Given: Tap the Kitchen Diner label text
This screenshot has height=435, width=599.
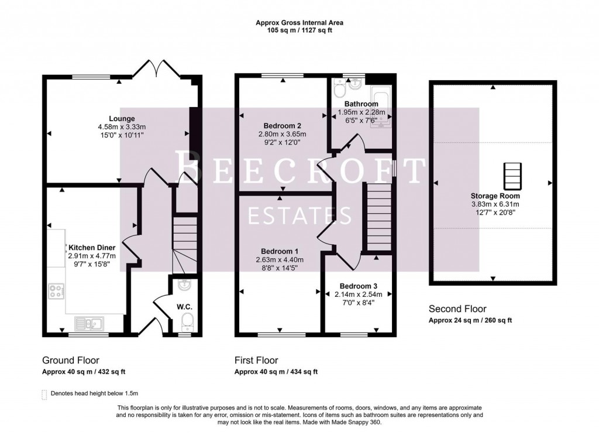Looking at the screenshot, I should pyautogui.click(x=92, y=247).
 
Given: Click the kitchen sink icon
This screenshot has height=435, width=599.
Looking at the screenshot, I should pyautogui.click(x=88, y=322).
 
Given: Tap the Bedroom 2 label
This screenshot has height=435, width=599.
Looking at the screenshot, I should pyautogui.click(x=283, y=126).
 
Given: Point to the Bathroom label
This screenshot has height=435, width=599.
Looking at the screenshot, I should pyautogui.click(x=362, y=104).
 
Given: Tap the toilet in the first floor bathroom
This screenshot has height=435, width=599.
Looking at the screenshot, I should pyautogui.click(x=338, y=89).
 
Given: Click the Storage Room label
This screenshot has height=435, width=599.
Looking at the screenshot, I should pyautogui.click(x=495, y=196).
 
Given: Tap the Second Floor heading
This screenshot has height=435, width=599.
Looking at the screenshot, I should pyautogui.click(x=457, y=309).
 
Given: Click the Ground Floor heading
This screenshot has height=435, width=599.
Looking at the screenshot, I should pyautogui.click(x=70, y=360).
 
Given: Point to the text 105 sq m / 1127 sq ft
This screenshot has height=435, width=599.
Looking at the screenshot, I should pyautogui.click(x=299, y=30).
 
